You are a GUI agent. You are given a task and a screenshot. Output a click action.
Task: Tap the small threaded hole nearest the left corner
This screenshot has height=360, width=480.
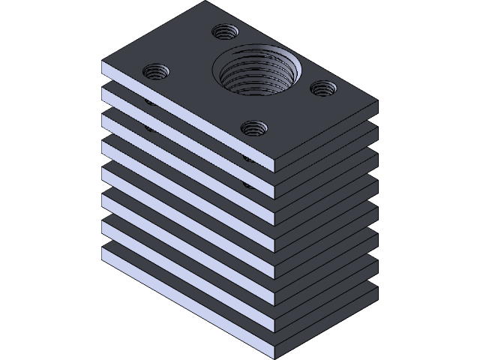[156, 72]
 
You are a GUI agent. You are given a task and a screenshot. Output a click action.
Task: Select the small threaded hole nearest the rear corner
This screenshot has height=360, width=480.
[224, 32]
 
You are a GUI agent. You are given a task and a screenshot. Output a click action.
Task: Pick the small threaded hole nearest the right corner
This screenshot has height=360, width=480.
[323, 88]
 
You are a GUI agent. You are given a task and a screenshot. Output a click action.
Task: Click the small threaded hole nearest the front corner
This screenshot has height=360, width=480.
[255, 128]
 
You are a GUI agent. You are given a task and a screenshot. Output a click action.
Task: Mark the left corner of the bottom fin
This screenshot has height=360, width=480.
[102, 247]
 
